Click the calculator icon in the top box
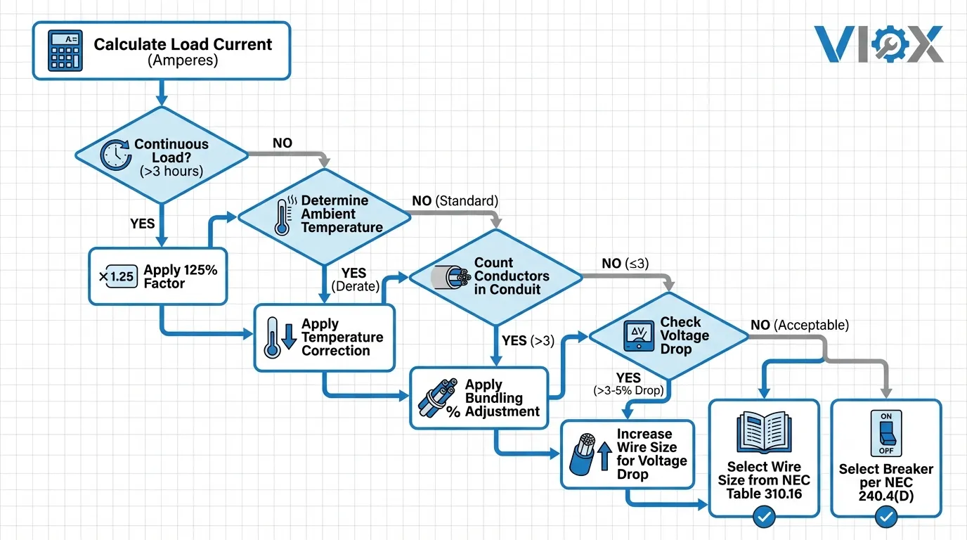click(x=65, y=51)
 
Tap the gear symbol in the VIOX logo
click(x=885, y=44)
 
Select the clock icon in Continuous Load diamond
click(x=114, y=155)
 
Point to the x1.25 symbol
click(x=117, y=276)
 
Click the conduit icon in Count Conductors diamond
click(x=450, y=277)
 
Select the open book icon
click(x=763, y=432)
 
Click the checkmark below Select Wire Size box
click(x=764, y=518)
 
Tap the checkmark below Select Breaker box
click(x=886, y=518)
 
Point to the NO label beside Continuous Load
click(x=282, y=143)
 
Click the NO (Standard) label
click(x=454, y=201)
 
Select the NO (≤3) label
click(x=625, y=264)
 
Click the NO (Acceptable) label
click(x=800, y=325)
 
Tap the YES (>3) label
click(x=528, y=340)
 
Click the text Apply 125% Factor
click(x=181, y=276)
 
